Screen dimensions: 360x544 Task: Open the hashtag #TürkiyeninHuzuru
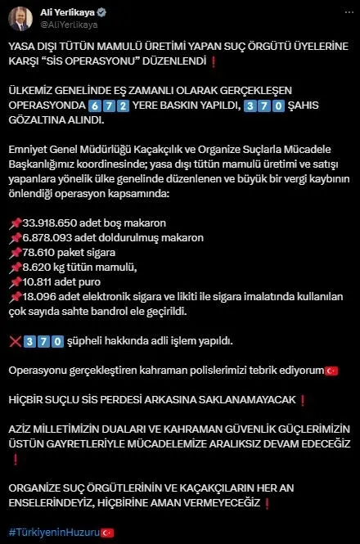(x=53, y=532)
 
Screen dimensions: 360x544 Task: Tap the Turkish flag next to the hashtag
(x=107, y=532)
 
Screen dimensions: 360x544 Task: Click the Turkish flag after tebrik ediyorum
(x=331, y=371)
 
